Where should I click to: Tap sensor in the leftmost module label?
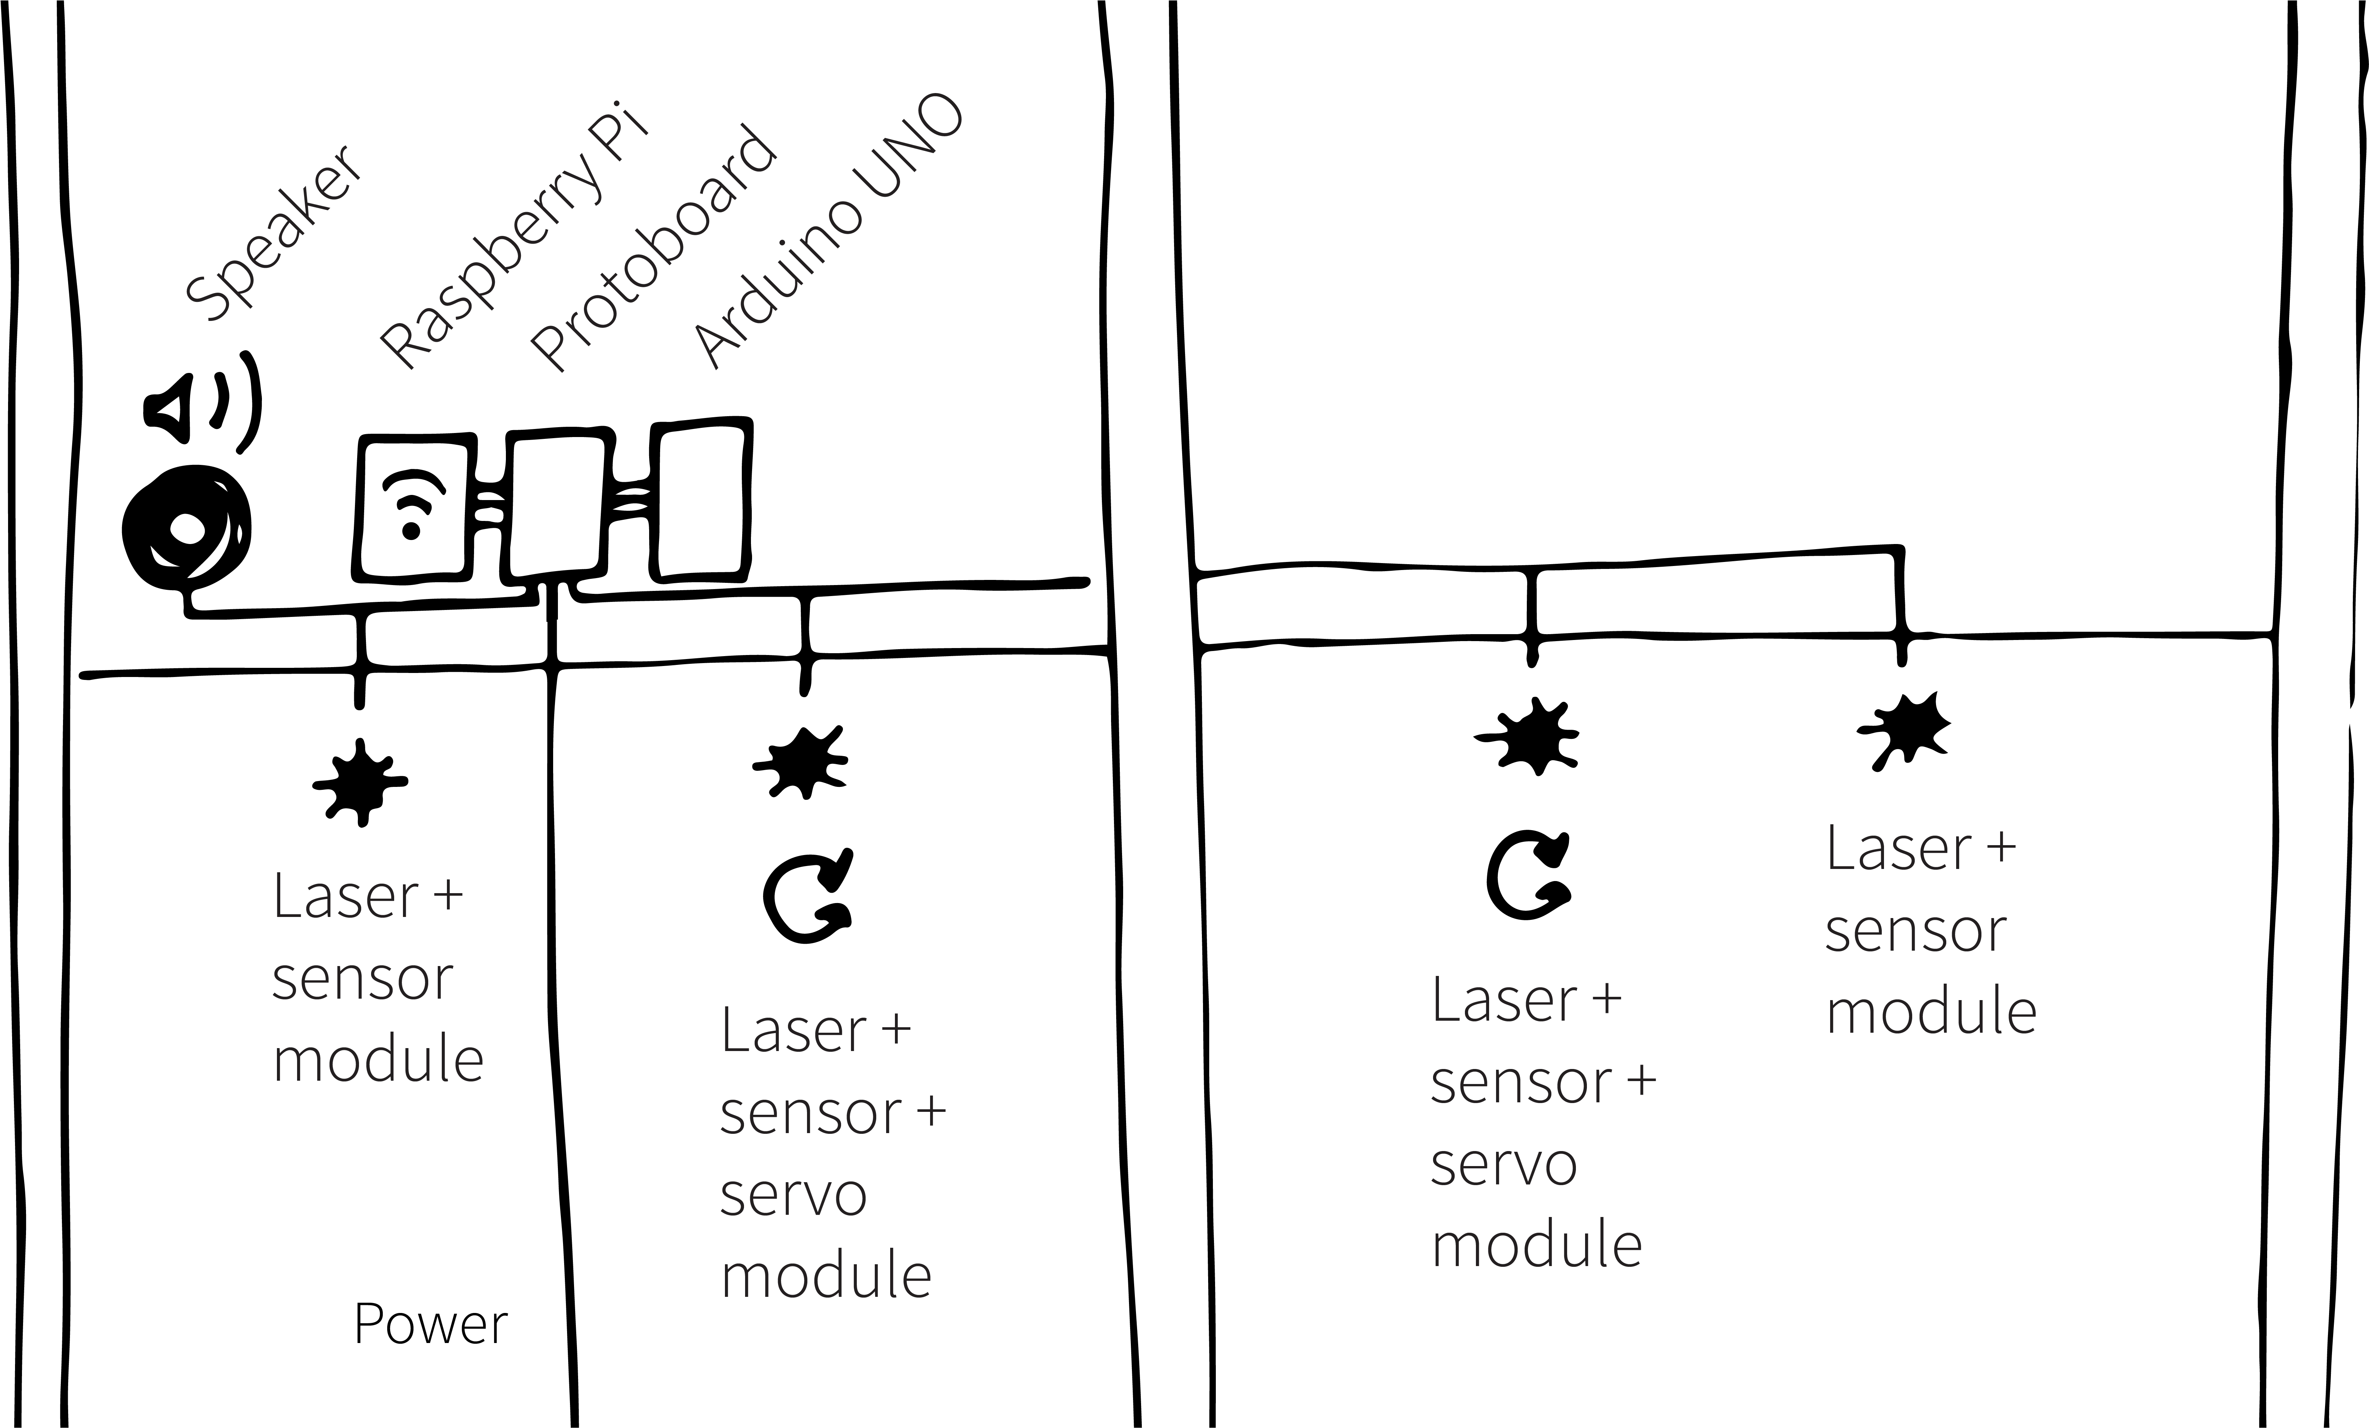(362, 979)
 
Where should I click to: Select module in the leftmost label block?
(378, 1060)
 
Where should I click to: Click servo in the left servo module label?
(793, 1194)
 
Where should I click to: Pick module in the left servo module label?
(826, 1275)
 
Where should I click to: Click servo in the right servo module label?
(1504, 1164)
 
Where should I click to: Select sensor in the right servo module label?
(1520, 1082)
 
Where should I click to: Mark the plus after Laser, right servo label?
(1607, 1000)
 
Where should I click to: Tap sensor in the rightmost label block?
(1915, 931)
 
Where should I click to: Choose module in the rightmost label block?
(1931, 1011)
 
